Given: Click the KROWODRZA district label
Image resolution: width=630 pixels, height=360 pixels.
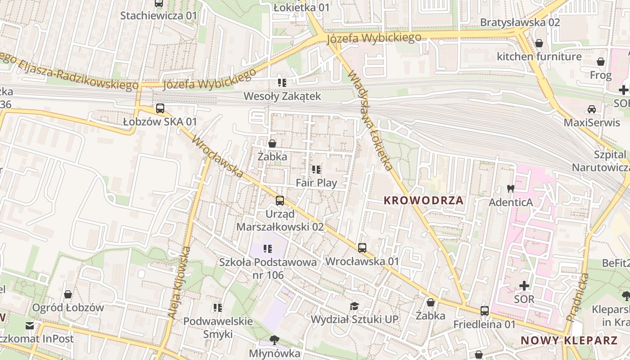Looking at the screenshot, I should [423, 201].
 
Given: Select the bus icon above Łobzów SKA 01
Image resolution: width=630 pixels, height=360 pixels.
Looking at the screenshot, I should [160, 108].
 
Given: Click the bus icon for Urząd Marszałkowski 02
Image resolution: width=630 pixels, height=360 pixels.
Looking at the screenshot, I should [280, 201].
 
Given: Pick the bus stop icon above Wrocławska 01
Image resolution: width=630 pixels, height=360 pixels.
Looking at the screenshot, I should [362, 247].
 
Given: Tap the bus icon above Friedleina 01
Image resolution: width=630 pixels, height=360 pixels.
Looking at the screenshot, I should [484, 311].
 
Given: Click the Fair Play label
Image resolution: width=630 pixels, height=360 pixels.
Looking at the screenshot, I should [316, 183].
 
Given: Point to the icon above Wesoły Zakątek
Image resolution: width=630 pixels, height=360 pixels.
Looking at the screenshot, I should [282, 82].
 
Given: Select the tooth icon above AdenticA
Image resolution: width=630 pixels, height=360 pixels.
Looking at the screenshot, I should [510, 189].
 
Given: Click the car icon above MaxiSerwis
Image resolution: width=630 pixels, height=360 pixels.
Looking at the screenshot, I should [591, 109].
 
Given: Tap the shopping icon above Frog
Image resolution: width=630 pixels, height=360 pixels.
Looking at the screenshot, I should [601, 62].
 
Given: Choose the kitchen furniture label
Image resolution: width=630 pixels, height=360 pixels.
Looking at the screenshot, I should [539, 57].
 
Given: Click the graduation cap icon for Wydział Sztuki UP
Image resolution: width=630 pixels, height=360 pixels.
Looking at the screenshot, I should [355, 306].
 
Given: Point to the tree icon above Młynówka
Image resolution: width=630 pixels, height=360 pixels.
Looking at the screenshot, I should [274, 340].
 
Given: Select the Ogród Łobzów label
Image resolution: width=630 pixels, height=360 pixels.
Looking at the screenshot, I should [68, 308].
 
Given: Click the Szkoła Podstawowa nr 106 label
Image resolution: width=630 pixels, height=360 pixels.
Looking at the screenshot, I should [268, 268].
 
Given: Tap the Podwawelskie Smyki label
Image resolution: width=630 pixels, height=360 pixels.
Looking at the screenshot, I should [218, 328].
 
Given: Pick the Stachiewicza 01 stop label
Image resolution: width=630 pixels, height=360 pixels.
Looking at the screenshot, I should [158, 16].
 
